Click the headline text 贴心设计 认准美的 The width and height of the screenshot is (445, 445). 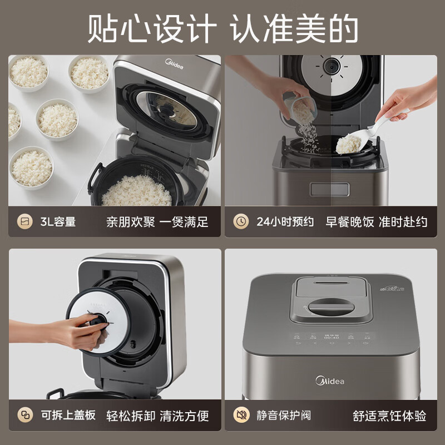(x=222, y=28)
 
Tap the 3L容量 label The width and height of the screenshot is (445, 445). (x=58, y=222)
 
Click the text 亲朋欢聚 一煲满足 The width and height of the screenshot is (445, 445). (x=157, y=222)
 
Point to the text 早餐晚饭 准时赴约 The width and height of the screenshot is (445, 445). (x=379, y=222)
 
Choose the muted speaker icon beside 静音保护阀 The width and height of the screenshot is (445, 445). (x=241, y=416)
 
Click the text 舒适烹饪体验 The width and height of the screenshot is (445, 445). (x=389, y=416)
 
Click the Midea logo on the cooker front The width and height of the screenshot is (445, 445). (x=330, y=381)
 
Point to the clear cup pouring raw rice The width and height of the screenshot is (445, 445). (x=298, y=106)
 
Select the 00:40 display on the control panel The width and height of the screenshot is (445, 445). (x=332, y=337)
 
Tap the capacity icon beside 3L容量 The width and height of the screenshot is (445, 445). (x=24, y=222)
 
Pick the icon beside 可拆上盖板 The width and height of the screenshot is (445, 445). (x=24, y=416)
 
